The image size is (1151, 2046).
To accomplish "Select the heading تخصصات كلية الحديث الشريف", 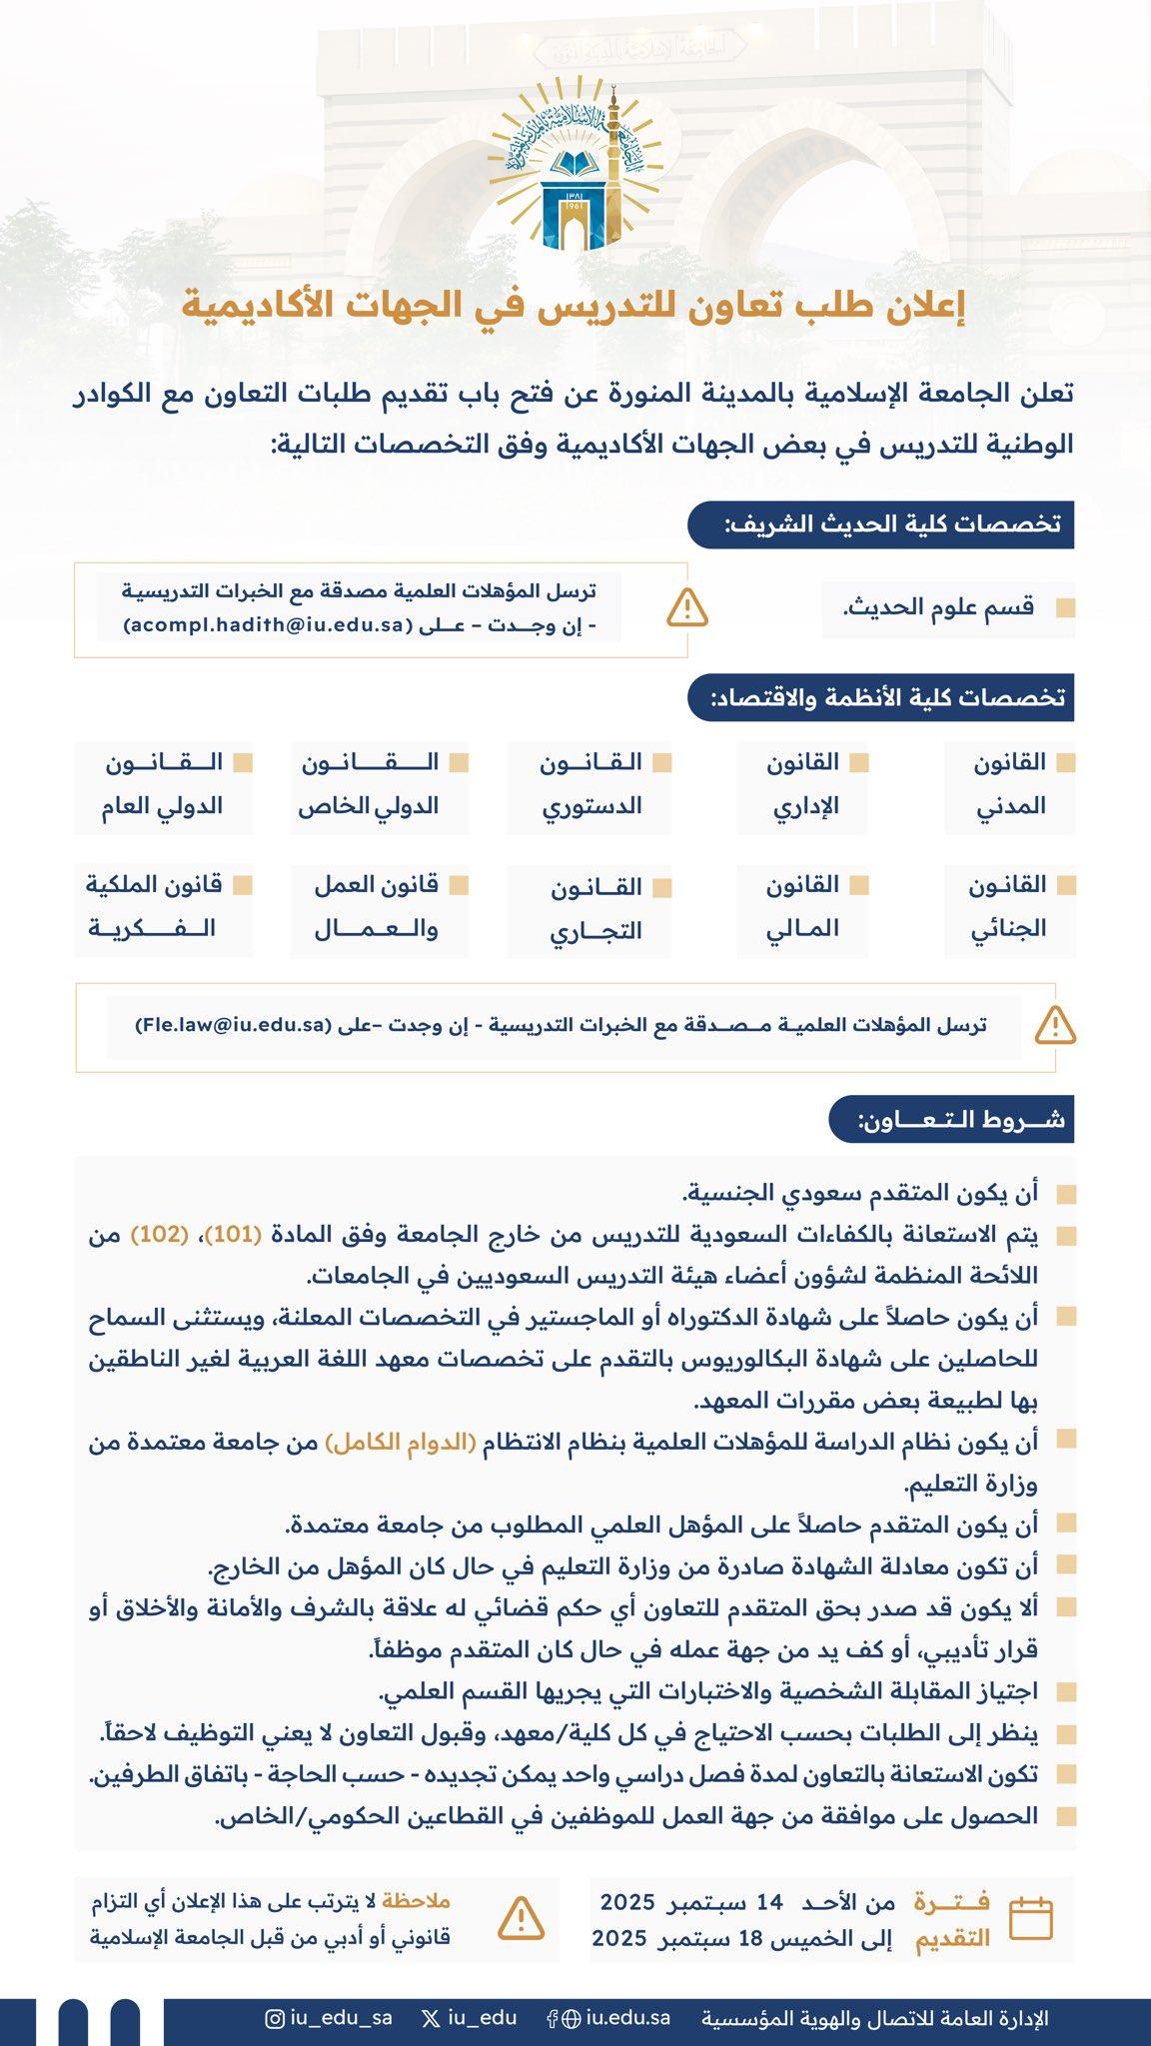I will tap(880, 524).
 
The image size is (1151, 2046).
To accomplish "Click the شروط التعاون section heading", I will tap(950, 1119).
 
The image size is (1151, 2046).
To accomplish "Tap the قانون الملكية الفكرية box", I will tap(164, 906).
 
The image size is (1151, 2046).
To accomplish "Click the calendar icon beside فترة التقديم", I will tap(1030, 1918).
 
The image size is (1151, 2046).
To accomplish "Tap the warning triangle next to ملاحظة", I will tap(521, 1917).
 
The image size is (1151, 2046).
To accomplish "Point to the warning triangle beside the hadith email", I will tap(688, 607).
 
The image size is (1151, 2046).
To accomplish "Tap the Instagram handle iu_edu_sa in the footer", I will tap(329, 2017).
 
